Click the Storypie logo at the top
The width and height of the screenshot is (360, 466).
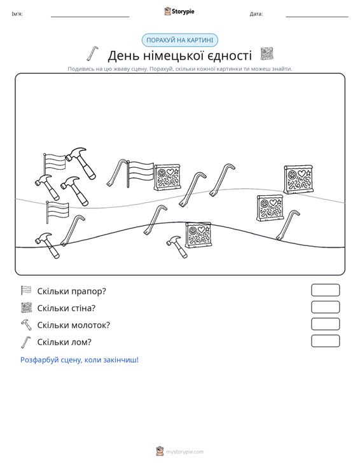(179, 11)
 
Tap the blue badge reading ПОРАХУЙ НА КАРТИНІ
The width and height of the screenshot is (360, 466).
(180, 40)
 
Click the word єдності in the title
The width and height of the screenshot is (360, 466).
(229, 55)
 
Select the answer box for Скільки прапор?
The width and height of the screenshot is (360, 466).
(325, 290)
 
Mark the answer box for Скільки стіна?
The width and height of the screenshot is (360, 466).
(325, 307)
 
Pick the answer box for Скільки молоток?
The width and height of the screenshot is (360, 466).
(325, 324)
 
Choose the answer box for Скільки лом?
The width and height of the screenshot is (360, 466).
(325, 341)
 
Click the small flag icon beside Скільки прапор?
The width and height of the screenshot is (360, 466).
(26, 291)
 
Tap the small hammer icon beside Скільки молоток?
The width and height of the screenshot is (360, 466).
(26, 324)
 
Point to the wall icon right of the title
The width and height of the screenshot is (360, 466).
(267, 54)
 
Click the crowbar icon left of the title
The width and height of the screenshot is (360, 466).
(92, 53)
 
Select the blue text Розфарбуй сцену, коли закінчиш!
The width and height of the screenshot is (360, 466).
(80, 360)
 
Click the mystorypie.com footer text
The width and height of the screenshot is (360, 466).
(184, 452)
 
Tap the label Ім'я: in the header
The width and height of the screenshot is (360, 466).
(17, 14)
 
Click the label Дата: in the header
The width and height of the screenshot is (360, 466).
(256, 14)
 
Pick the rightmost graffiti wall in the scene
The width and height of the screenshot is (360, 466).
(298, 179)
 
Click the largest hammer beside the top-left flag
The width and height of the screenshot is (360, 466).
(81, 163)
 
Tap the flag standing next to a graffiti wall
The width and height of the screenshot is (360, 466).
(141, 174)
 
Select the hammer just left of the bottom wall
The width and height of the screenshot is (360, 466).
(177, 247)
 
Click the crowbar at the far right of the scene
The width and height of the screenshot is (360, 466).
(287, 224)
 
